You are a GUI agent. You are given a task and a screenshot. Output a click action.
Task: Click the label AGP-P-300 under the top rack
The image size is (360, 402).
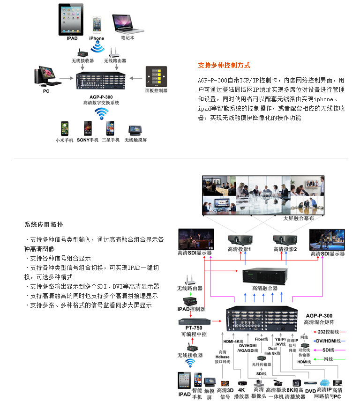pyautogui.click(x=101, y=96)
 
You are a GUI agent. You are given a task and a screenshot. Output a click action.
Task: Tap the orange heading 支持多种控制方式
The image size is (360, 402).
pyautogui.click(x=224, y=65)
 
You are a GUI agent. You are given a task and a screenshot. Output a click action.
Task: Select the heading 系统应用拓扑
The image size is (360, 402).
pyautogui.click(x=43, y=224)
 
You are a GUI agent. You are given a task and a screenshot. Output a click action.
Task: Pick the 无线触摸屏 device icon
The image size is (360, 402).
pyautogui.click(x=135, y=130)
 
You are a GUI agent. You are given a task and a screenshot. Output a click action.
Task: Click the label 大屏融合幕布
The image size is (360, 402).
pyautogui.click(x=298, y=219)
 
